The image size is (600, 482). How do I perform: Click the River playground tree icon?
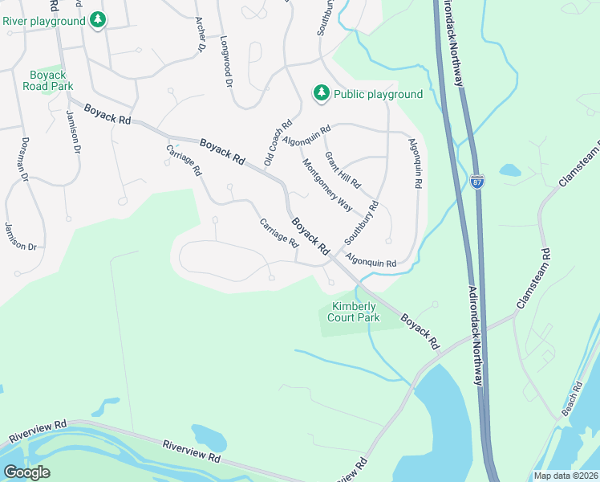pyautogui.click(x=98, y=19)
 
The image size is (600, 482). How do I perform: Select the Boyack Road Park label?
pyautogui.click(x=47, y=80)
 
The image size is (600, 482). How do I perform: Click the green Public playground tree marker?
pyautogui.click(x=322, y=94)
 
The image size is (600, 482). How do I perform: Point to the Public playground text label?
pyautogui.click(x=378, y=94)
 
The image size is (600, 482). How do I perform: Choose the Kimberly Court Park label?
pyautogui.click(x=355, y=312)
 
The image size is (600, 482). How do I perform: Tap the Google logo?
pyautogui.click(x=26, y=472)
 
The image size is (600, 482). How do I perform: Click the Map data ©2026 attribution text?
pyautogui.click(x=566, y=476)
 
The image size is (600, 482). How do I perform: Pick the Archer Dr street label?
pyautogui.click(x=201, y=35)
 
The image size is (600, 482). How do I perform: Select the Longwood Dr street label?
pyautogui.click(x=226, y=62)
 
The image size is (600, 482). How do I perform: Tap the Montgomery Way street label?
pyautogui.click(x=327, y=185)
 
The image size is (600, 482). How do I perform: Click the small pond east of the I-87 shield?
pyautogui.click(x=510, y=170)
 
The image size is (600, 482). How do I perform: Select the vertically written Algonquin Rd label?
pyautogui.click(x=415, y=163)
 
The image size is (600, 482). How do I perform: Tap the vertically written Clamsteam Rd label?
pyautogui.click(x=546, y=276)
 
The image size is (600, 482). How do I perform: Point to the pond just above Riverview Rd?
pyautogui.click(x=209, y=436)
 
